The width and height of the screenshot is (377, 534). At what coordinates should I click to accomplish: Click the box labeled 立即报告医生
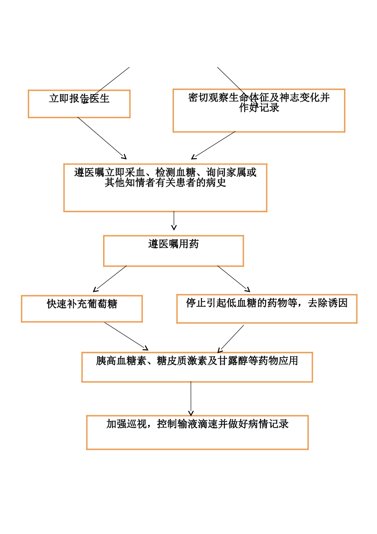coord(79,104)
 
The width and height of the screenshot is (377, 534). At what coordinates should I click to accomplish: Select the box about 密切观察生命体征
coord(259,111)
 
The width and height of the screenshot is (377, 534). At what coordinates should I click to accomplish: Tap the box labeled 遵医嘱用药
coord(173,251)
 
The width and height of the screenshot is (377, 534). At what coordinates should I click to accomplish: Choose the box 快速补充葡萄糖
coord(82,309)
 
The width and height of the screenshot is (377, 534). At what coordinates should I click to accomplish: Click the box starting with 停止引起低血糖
coord(267,309)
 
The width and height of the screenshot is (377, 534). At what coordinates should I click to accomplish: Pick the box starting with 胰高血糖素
coord(197,367)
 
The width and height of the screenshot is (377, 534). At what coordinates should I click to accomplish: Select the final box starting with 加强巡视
coord(197,433)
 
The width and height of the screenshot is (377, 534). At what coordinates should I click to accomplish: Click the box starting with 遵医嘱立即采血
coord(165,188)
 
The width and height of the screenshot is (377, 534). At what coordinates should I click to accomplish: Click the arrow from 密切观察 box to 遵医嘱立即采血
coord(214,145)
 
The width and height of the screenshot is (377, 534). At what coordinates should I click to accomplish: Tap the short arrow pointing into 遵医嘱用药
coord(174,221)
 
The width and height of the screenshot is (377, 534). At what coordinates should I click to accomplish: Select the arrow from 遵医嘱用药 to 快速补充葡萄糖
coord(110,279)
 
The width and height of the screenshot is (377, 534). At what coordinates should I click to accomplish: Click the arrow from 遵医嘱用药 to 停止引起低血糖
coord(234,279)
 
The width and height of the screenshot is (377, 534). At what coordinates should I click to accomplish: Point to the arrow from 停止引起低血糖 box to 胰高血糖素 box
coord(231,339)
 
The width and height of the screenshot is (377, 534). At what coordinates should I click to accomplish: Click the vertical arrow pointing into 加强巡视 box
coord(191,399)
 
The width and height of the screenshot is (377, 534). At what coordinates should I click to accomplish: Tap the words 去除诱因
coord(328,303)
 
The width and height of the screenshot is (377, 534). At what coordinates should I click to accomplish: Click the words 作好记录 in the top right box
coord(259,108)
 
